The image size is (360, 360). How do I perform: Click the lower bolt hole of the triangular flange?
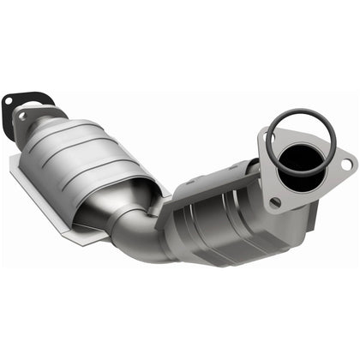[x=274, y=201]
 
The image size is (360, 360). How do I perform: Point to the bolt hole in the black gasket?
[x=9, y=101]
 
